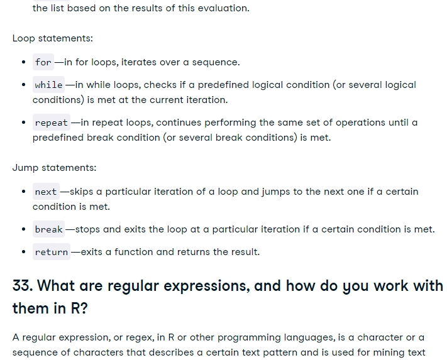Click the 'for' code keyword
coord(43,62)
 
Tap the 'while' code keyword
coord(48,85)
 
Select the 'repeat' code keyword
coord(52,123)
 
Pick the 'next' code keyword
coord(46,192)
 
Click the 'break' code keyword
coord(48,229)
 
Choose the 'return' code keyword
coord(52,252)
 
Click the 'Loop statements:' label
coord(53,38)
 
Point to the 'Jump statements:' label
coord(55,168)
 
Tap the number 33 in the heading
coord(21,286)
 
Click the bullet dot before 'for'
coord(24,62)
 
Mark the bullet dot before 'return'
coord(24,252)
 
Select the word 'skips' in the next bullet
coord(82,192)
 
